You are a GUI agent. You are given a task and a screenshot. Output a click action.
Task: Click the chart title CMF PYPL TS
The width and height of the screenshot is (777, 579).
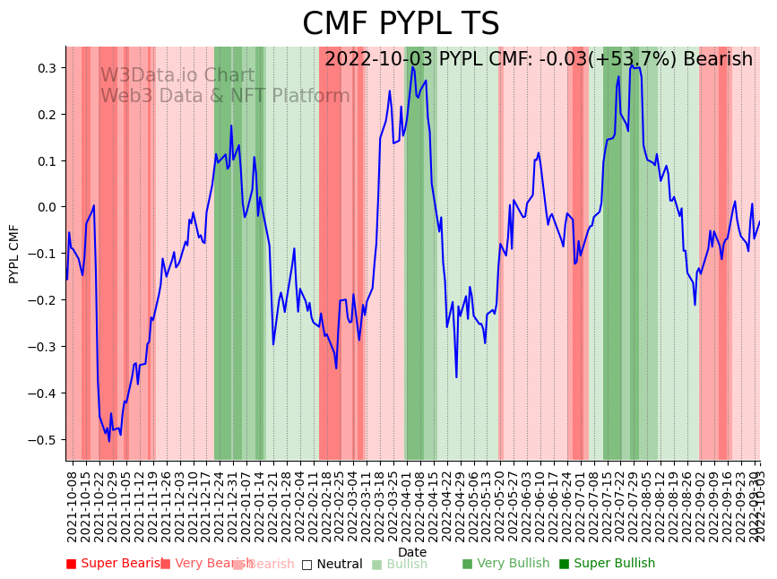pyautogui.click(x=401, y=24)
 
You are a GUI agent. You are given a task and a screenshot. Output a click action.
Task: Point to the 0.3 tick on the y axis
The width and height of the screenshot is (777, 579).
pyautogui.click(x=47, y=68)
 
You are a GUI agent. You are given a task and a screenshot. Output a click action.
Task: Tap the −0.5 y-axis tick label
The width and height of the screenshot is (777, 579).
pyautogui.click(x=44, y=440)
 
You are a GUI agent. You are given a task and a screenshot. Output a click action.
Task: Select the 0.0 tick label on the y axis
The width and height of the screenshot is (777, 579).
pyautogui.click(x=47, y=207)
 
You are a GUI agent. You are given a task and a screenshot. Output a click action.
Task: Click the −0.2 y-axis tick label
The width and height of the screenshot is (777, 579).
pyautogui.click(x=44, y=300)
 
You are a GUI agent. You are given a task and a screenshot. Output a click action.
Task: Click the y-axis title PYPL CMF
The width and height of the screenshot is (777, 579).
pyautogui.click(x=14, y=254)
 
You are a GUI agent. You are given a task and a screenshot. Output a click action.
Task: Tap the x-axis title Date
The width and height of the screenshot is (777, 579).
pyautogui.click(x=412, y=552)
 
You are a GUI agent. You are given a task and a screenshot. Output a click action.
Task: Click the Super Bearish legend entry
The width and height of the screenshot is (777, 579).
pyautogui.click(x=115, y=564)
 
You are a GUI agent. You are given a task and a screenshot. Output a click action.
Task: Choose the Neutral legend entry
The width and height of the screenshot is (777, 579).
pyautogui.click(x=332, y=564)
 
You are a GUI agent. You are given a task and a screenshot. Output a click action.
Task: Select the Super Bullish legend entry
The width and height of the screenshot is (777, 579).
pyautogui.click(x=607, y=564)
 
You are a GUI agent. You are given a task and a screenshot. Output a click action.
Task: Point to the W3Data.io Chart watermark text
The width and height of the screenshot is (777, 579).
pyautogui.click(x=177, y=75)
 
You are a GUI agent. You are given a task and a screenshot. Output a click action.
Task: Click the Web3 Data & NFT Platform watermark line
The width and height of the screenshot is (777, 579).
pyautogui.click(x=225, y=96)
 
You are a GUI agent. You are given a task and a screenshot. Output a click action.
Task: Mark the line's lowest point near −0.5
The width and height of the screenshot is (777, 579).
pyautogui.click(x=109, y=441)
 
